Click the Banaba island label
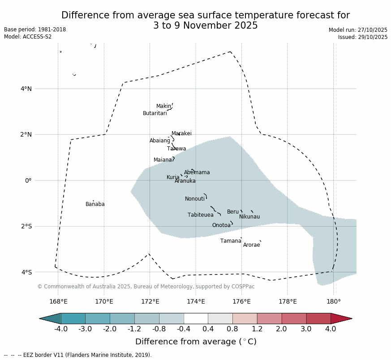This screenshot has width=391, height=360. (x=95, y=204)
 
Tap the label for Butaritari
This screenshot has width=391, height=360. (x=155, y=113)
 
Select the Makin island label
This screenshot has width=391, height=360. (x=163, y=106)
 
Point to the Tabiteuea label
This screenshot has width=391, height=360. (x=200, y=215)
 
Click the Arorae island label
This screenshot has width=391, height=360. (x=251, y=245)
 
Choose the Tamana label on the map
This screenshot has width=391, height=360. (x=230, y=241)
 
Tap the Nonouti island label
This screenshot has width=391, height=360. (x=194, y=199)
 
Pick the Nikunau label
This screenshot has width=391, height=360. (x=249, y=217)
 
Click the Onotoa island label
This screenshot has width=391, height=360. (x=221, y=225)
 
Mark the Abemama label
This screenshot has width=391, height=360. (x=197, y=172)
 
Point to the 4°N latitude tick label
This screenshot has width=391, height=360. (x=26, y=89)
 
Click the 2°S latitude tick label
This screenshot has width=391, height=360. (x=26, y=226)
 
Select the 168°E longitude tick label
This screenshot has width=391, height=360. (x=58, y=301)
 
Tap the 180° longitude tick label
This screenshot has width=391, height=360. (x=333, y=301)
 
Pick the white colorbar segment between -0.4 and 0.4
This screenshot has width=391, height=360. (x=196, y=318)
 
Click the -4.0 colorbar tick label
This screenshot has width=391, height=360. (x=61, y=329)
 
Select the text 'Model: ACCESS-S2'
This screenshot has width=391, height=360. (x=28, y=37)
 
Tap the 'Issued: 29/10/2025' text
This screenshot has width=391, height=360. (x=362, y=37)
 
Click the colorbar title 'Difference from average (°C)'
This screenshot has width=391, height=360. (x=196, y=342)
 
